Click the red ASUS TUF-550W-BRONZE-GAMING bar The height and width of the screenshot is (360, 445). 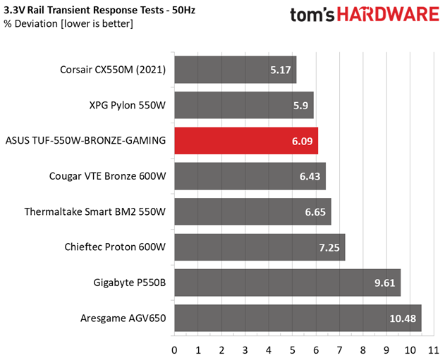click(246, 141)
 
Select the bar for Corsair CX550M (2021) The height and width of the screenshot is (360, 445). click(236, 70)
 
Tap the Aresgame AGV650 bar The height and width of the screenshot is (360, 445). click(298, 318)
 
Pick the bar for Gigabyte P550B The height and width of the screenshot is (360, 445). click(288, 283)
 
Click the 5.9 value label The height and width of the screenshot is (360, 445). click(300, 106)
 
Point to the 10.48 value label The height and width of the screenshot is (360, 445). click(403, 318)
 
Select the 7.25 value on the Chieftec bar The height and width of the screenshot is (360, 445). click(329, 248)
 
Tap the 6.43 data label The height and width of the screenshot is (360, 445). click(310, 177)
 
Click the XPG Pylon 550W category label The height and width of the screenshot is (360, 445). click(128, 106)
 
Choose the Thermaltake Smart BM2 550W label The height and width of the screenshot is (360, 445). click(95, 212)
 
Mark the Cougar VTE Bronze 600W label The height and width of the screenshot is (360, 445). click(108, 176)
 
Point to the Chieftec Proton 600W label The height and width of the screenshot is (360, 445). click(115, 247)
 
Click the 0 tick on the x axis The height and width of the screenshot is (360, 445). click(174, 350)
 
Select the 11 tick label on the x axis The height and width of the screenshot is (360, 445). click(434, 350)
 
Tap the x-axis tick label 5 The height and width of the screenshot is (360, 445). click(292, 350)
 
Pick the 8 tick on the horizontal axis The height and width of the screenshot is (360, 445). click(363, 350)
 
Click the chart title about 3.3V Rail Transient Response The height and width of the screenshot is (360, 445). click(99, 10)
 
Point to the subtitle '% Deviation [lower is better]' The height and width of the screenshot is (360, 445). click(68, 24)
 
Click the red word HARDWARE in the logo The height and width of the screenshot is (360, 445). click(388, 14)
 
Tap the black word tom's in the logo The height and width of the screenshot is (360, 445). click(312, 15)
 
